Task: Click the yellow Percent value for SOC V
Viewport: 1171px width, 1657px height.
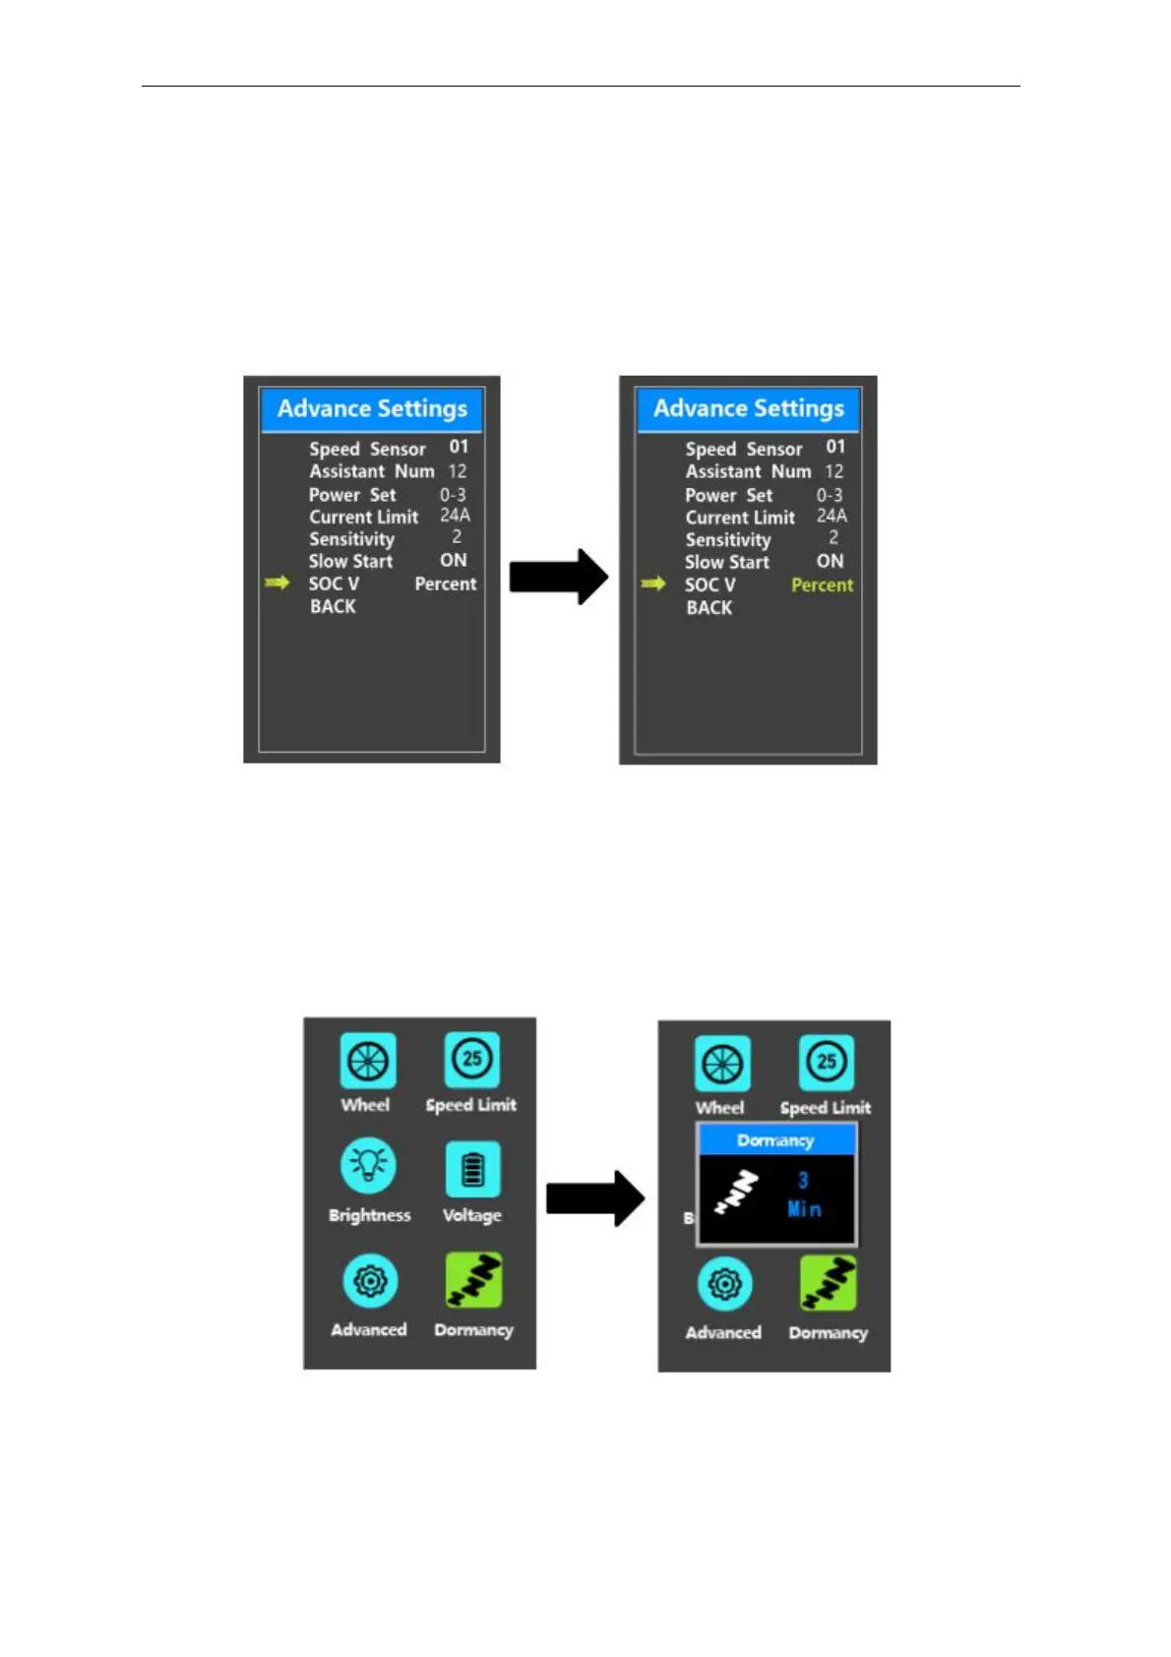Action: [822, 585]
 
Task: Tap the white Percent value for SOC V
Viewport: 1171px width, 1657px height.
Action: [445, 584]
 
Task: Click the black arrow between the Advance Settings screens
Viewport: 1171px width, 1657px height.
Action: [558, 577]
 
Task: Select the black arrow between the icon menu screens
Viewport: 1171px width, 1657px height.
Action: [594, 1198]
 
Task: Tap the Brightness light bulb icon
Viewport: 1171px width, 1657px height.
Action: [369, 1165]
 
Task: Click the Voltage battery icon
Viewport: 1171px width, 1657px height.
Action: [473, 1170]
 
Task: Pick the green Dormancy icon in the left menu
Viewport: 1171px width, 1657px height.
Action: [473, 1281]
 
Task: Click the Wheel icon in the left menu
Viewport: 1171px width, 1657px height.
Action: [368, 1061]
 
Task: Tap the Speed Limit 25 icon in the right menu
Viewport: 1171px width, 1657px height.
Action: [827, 1063]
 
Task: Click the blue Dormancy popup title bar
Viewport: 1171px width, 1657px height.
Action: [775, 1140]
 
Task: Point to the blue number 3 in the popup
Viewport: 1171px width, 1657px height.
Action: [803, 1181]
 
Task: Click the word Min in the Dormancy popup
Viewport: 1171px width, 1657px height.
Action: [804, 1209]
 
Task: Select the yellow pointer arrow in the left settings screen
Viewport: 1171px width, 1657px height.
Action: [277, 583]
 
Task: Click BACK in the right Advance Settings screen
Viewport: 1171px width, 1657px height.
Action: [709, 608]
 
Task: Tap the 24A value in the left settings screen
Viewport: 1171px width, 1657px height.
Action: [455, 516]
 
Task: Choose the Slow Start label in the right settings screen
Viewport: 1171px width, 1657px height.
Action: [727, 563]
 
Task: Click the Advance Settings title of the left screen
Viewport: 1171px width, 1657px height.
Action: [372, 409]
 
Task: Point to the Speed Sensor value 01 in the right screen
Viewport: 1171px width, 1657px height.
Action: [835, 448]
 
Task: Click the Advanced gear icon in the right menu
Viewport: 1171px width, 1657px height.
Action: [724, 1285]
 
